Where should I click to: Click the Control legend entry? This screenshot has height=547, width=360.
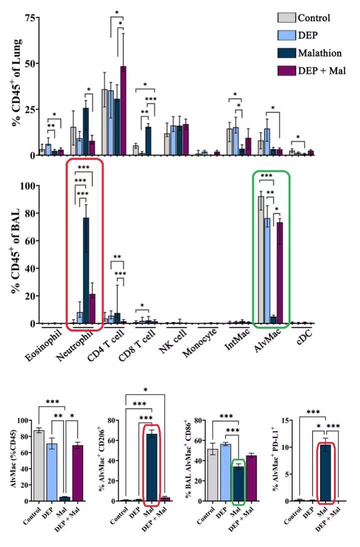(x=314, y=18)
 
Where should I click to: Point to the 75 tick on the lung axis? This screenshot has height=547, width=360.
(x=32, y=18)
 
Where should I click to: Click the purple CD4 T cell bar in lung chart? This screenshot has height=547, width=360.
(x=123, y=110)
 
